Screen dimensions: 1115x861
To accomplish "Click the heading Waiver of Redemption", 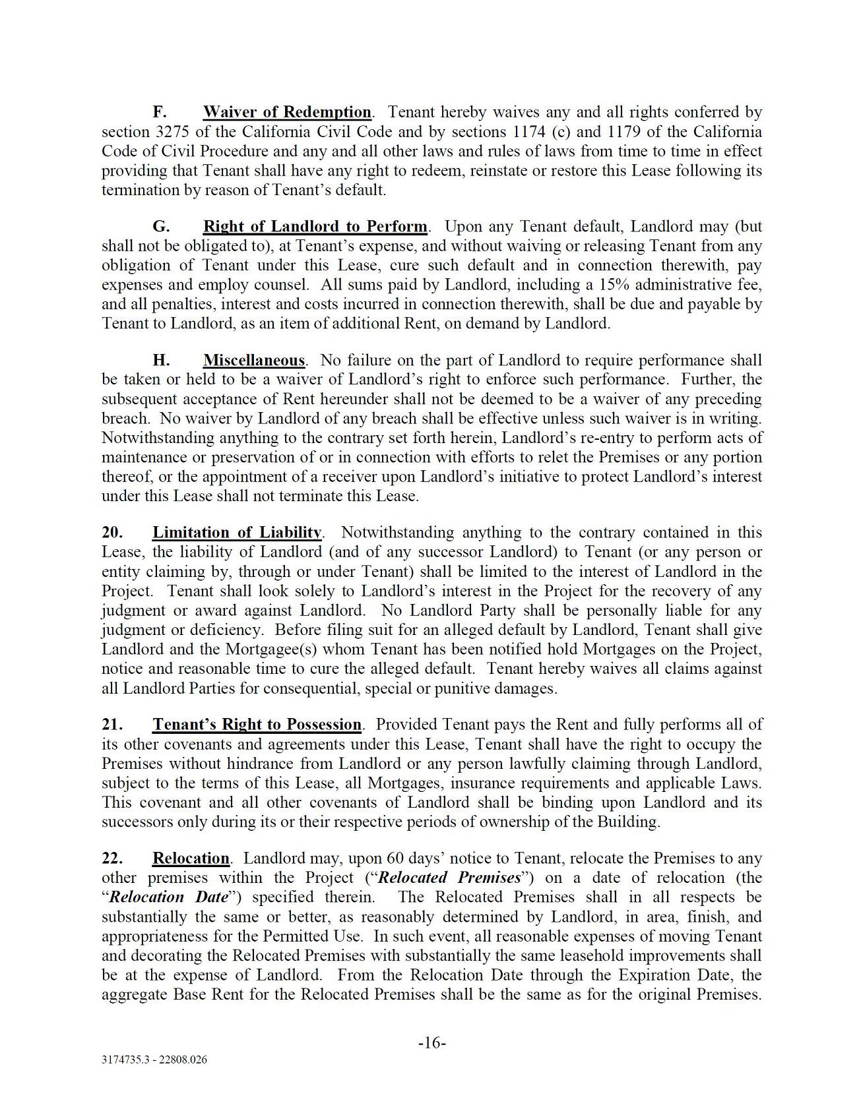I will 287,112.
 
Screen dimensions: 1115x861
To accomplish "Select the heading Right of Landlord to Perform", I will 315,227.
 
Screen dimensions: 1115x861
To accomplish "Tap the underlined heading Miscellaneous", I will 254,361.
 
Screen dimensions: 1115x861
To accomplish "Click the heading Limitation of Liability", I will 237,533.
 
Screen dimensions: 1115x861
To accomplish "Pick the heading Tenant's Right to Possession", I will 257,725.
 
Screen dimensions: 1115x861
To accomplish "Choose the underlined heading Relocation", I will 191,859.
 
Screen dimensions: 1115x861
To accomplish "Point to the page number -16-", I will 432,1043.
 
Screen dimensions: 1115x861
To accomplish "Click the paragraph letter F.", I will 159,112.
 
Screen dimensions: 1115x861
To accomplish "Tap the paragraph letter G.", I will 160,227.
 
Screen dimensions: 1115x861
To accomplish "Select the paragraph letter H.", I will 161,361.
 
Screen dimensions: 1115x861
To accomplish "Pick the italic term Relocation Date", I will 169,897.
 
